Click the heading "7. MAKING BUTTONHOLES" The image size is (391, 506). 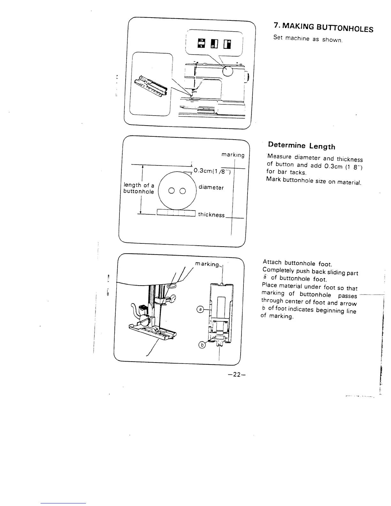pos(323,27)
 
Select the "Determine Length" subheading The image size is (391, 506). pos(302,146)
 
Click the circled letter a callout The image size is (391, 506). pos(200,309)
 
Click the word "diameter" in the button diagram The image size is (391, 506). pos(211,187)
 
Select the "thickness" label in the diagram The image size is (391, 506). pos(211,215)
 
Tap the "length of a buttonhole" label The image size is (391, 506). pos(139,188)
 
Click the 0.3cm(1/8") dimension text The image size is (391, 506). pos(212,171)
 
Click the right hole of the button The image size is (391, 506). pos(182,191)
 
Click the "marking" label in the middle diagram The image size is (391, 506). pos(233,155)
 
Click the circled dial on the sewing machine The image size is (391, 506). pos(228,71)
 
